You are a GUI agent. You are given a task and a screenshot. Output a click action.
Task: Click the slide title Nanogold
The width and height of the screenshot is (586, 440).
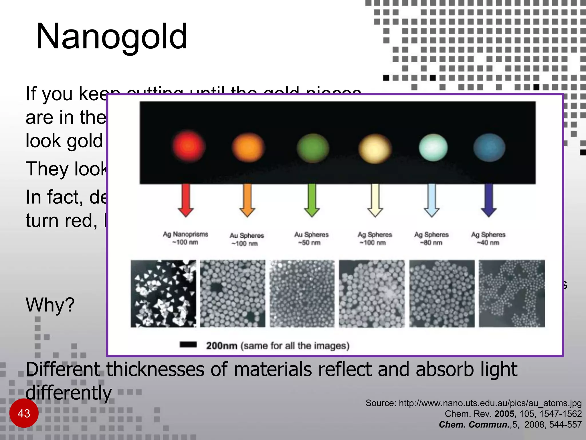pos(112,37)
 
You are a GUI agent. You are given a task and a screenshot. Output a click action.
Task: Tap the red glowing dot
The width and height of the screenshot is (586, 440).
pos(188,146)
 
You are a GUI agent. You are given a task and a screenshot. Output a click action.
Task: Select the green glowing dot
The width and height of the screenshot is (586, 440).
pos(313,148)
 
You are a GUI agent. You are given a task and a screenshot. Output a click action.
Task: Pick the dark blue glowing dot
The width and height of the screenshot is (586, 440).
pos(489,148)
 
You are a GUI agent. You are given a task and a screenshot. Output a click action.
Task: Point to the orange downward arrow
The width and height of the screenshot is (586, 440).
pos(247,200)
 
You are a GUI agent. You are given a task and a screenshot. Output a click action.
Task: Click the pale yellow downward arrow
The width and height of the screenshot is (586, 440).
pos(375,200)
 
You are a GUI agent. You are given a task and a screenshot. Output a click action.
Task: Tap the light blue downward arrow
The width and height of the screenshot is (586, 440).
pos(431,200)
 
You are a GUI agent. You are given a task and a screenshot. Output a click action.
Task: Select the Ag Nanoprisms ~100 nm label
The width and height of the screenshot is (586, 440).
pos(185,238)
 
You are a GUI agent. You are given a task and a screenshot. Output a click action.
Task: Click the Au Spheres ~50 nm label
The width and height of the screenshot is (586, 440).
pos(311,239)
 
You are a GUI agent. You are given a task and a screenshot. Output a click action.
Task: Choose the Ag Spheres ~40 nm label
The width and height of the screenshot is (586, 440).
pos(488,239)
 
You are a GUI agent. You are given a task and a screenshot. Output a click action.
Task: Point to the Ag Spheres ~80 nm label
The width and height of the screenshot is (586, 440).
pos(431,239)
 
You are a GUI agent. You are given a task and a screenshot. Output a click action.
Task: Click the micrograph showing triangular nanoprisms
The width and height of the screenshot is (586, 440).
pos(163,294)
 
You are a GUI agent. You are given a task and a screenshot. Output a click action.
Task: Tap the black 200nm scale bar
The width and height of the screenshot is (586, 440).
pos(188,345)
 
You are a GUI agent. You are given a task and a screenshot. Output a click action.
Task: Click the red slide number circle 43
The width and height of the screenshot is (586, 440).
pos(24,413)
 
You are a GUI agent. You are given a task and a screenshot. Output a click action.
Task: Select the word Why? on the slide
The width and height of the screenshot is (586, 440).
pos(50,305)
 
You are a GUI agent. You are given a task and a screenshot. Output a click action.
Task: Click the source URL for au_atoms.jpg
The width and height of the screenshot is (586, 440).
pos(490,403)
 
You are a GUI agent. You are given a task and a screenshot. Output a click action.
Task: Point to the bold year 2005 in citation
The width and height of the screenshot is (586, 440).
pos(505,414)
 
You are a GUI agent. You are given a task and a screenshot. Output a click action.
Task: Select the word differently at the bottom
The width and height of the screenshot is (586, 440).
pos(69,393)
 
